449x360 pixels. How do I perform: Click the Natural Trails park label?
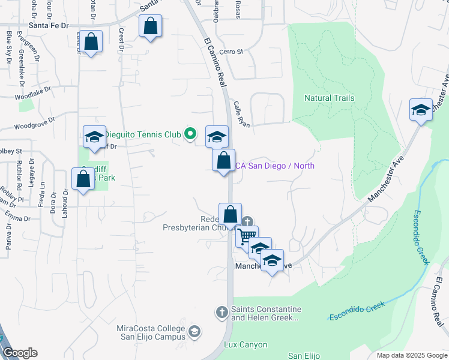(329, 98)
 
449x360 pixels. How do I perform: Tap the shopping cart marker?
(247, 236)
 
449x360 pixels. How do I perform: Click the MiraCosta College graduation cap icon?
(194, 331)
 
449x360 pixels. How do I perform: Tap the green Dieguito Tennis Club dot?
(190, 133)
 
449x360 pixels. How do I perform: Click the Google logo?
(20, 353)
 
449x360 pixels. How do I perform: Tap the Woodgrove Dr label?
(34, 127)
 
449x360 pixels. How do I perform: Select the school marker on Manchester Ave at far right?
(421, 110)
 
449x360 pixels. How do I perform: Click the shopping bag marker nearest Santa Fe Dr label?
(91, 42)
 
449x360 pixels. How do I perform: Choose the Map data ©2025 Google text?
(411, 355)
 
